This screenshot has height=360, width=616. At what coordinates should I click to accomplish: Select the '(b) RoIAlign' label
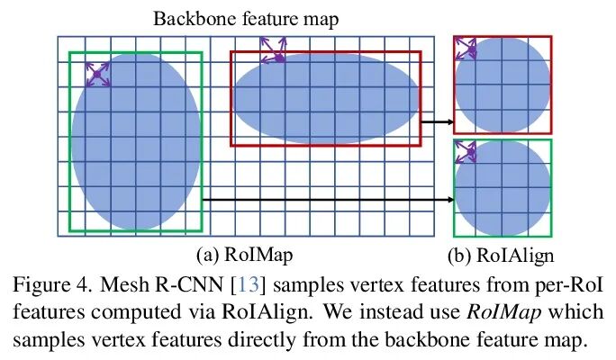[500, 255]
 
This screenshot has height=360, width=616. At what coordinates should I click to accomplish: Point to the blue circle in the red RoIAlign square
[502, 86]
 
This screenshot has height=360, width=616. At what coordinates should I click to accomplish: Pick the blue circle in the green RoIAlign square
[502, 188]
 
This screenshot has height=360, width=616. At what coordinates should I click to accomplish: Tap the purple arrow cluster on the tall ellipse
[97, 74]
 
